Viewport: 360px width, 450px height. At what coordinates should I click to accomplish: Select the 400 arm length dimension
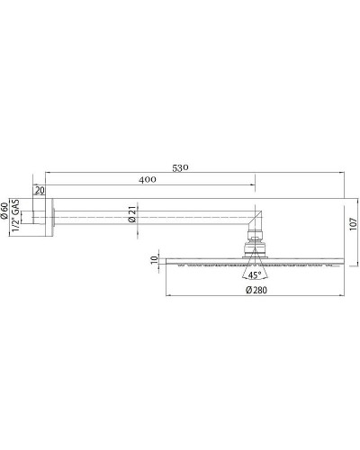pos(148,180)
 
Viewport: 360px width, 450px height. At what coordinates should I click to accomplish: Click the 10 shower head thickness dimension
pos(153,261)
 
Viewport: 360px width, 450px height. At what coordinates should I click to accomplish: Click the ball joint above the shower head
pos(256,241)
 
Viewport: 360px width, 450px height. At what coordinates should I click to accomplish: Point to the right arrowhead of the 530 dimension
pos(341,172)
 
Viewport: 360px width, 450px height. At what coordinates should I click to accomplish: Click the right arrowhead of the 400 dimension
pos(254,188)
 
